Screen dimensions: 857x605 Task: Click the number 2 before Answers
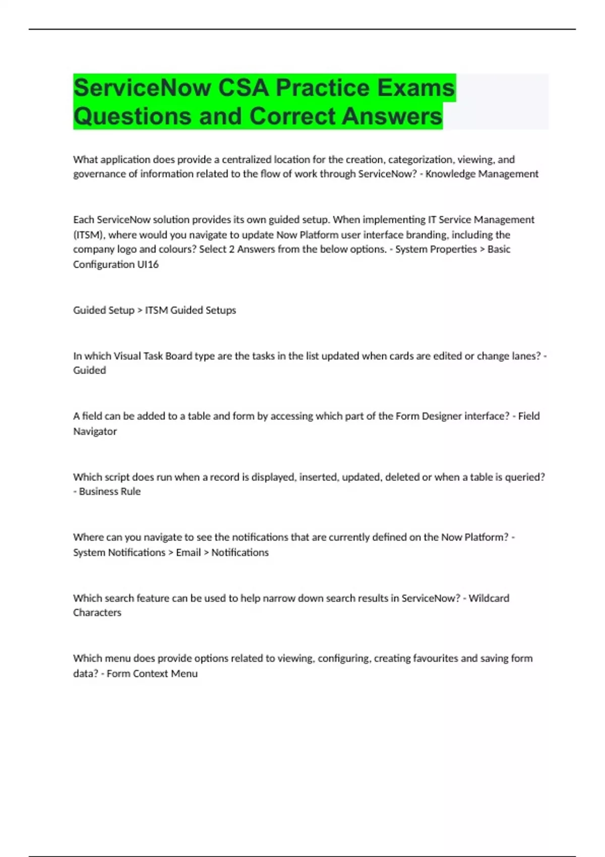(x=231, y=250)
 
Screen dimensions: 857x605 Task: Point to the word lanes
(x=524, y=356)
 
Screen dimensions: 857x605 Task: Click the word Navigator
(x=95, y=432)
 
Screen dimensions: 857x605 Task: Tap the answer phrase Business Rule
(x=110, y=492)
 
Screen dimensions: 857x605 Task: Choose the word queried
(x=525, y=477)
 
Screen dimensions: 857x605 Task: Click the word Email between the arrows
(x=188, y=553)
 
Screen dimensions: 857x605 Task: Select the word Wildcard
(x=489, y=598)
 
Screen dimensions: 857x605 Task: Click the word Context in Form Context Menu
(x=150, y=674)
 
